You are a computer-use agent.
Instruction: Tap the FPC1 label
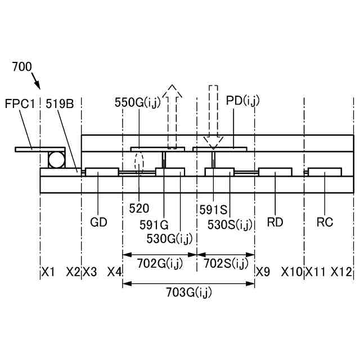pos(20,103)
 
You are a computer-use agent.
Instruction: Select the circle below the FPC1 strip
pos(56,160)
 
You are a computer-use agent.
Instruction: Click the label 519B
pos(60,103)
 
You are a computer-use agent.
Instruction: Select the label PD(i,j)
pos(242,101)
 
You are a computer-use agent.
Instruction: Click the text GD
pos(98,222)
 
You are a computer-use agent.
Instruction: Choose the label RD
pos(275,222)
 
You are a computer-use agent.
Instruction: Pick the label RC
pos(325,222)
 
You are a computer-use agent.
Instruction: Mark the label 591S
pos(213,210)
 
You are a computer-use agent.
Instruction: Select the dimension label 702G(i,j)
pos(160,263)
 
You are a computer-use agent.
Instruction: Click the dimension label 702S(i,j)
pos(226,263)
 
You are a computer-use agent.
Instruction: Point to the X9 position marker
pos(263,272)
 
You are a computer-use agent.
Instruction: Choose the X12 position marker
pos(341,272)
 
